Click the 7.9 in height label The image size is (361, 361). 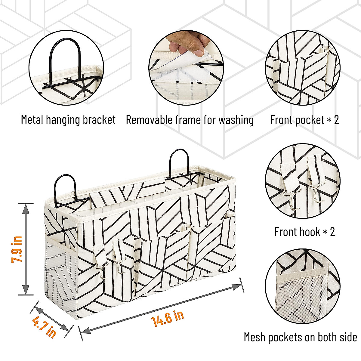17,249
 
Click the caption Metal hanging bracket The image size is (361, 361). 68,120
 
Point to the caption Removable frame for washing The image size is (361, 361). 190,120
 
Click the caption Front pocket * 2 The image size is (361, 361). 304,120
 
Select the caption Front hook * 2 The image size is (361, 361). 304,232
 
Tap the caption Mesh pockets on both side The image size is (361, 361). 300,337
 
